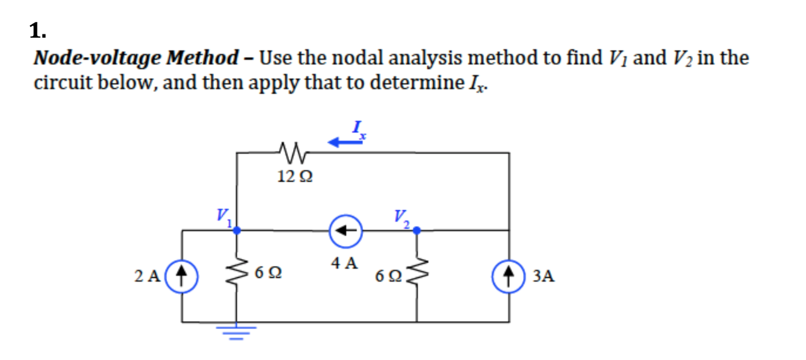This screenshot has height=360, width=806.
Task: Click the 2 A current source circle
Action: point(181,277)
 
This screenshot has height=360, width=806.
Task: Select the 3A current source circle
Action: point(509,277)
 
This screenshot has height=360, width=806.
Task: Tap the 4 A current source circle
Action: point(346,231)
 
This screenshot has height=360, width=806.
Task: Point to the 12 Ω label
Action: point(295,177)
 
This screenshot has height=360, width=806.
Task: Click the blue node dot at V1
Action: point(236,231)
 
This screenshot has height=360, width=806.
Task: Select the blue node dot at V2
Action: point(416,231)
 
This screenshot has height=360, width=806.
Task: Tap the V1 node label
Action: point(224,217)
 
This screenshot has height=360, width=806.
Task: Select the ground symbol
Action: point(236,331)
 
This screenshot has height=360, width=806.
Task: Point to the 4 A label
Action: point(344,264)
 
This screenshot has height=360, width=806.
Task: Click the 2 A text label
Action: point(147,277)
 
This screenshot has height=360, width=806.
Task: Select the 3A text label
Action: point(543,277)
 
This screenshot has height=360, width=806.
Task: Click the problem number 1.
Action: point(38,32)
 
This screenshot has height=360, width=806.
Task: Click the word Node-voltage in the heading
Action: point(97,58)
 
